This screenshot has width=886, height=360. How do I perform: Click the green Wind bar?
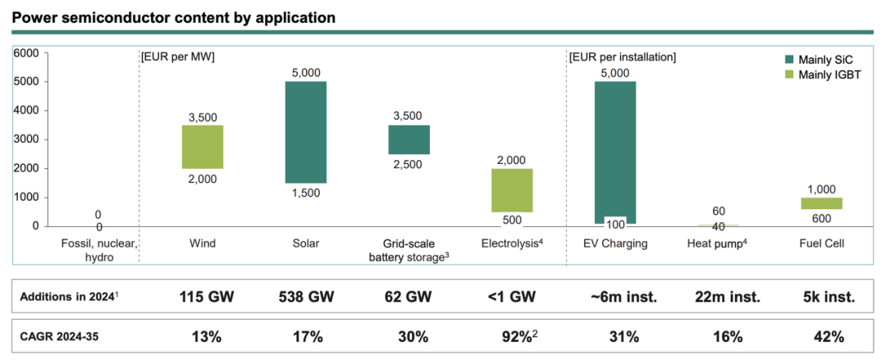pyautogui.click(x=203, y=147)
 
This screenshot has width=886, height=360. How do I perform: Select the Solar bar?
pyautogui.click(x=306, y=132)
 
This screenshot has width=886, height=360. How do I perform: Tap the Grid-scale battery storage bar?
pyautogui.click(x=409, y=139)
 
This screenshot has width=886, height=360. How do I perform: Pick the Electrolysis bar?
pyautogui.click(x=512, y=190)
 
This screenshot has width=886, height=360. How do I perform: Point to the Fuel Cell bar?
pyautogui.click(x=821, y=203)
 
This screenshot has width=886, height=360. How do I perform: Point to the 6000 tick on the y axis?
pyautogui.click(x=26, y=53)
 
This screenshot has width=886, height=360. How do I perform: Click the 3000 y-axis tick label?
pyautogui.click(x=26, y=139)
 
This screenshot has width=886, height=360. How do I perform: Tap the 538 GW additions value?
pyautogui.click(x=306, y=297)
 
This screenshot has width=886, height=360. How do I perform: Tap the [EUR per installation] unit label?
pyautogui.click(x=622, y=57)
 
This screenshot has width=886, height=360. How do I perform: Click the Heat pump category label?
pyautogui.click(x=717, y=244)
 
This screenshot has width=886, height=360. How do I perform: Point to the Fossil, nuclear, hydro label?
pyautogui.click(x=98, y=249)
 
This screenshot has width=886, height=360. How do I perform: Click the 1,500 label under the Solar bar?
pyautogui.click(x=306, y=194)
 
